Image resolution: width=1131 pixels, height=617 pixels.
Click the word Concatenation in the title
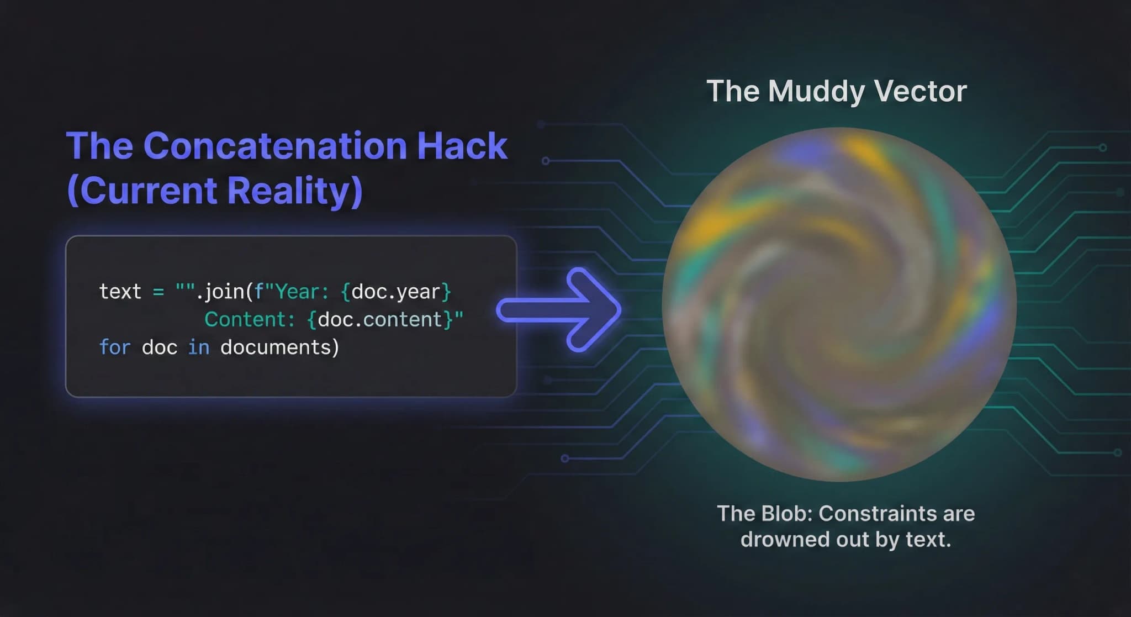coord(275,146)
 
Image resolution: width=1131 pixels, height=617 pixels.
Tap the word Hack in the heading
coord(462,146)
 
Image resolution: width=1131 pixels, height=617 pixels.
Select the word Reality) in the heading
coord(295,190)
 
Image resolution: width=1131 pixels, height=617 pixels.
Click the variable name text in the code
coord(120,292)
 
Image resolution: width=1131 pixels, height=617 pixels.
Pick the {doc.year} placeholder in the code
coord(396,292)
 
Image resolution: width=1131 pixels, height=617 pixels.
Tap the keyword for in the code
coord(114,347)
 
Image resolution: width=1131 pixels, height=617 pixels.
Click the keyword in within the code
coord(199,347)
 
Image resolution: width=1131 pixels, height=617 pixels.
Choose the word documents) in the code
coord(279,347)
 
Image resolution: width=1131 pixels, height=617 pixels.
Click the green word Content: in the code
coord(250,319)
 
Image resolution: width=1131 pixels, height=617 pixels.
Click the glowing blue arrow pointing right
coord(559,310)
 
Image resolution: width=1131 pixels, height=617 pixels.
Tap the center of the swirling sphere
coord(839,304)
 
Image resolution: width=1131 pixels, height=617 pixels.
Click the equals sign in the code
coord(158,292)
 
